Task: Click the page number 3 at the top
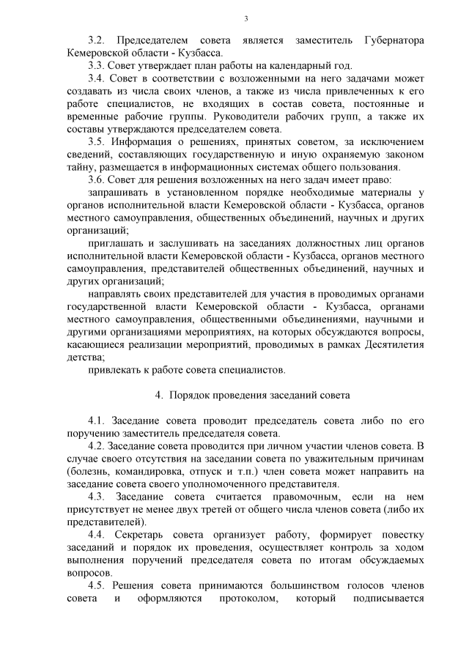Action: pos(245,18)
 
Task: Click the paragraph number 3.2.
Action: pos(97,38)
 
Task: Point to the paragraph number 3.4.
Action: pos(97,78)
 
